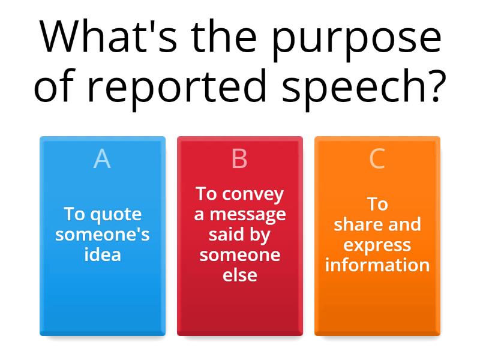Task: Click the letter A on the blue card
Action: (102, 159)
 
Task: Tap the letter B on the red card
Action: (239, 159)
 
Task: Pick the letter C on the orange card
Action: (377, 159)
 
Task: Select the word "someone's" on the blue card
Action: (102, 235)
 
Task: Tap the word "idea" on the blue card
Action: (102, 254)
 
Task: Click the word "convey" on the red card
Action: (252, 194)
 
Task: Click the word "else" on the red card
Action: (239, 275)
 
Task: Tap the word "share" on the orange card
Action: (356, 225)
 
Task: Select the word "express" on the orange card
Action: (377, 245)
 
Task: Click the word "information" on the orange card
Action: (377, 265)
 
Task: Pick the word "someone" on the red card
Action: (239, 255)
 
